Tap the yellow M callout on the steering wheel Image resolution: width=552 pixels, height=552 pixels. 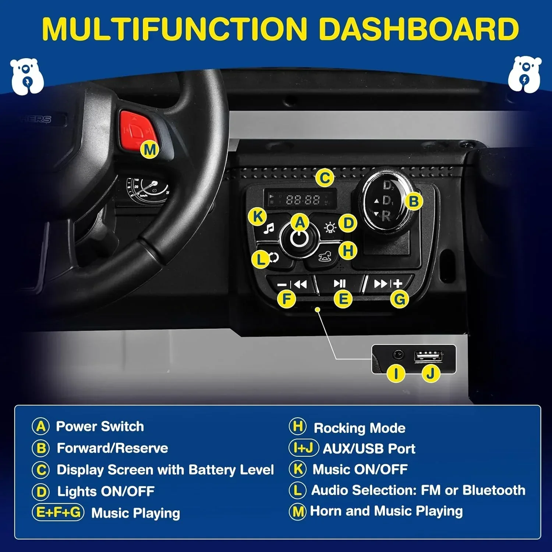(x=150, y=150)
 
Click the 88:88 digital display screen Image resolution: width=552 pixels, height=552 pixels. (x=300, y=199)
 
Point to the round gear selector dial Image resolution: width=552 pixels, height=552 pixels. (x=385, y=201)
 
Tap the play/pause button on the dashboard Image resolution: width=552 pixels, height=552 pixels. (x=339, y=283)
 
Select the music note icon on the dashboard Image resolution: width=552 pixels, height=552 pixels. (x=269, y=229)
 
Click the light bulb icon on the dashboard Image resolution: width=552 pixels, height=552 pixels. (x=330, y=228)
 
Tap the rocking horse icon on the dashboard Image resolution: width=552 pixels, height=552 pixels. (x=325, y=256)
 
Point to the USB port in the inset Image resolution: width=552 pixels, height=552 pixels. (x=428, y=356)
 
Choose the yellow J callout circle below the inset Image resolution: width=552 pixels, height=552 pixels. (x=431, y=374)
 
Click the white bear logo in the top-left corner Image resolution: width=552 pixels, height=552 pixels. (x=27, y=76)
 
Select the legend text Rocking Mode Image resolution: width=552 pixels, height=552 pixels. (x=360, y=428)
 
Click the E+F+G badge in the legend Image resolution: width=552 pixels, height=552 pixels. (x=59, y=512)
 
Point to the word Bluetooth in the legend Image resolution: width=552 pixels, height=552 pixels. (x=494, y=490)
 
